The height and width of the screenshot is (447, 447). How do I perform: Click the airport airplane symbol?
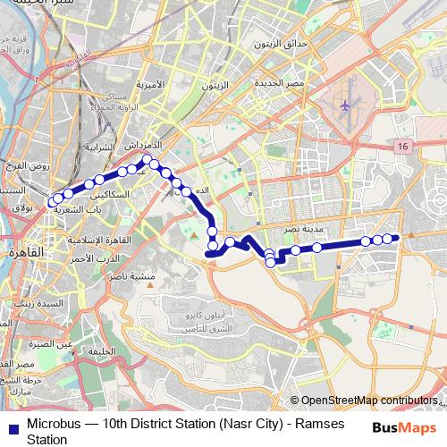(346, 106)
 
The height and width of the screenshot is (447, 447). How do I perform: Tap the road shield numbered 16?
(404, 146)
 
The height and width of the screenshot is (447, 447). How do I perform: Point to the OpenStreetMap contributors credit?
(368, 400)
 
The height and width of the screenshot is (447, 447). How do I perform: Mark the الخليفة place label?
(103, 351)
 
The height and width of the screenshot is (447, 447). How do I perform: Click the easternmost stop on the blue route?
(397, 237)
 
